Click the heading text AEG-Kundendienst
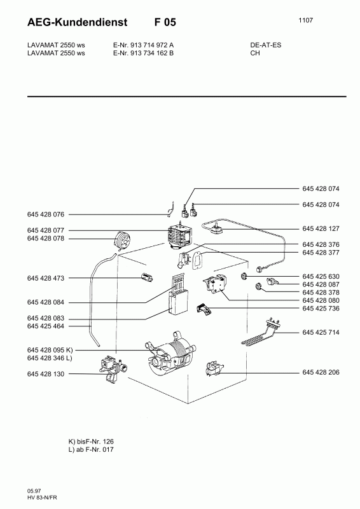[x=77, y=22]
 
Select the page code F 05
[x=165, y=22]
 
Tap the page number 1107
[x=305, y=20]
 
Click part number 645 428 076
[x=46, y=214]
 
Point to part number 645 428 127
[x=321, y=228]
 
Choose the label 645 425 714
[x=321, y=332]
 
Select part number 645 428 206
[x=321, y=372]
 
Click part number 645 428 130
[x=46, y=374]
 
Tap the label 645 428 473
[x=46, y=278]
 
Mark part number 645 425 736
[x=321, y=309]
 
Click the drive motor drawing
[x=170, y=354]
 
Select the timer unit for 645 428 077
[x=180, y=236]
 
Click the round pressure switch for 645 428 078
[x=121, y=241]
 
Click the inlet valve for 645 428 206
[x=215, y=369]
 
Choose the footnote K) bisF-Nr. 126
[x=91, y=442]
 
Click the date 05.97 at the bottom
[x=34, y=491]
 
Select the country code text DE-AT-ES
[x=266, y=45]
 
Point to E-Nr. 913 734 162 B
[x=143, y=53]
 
